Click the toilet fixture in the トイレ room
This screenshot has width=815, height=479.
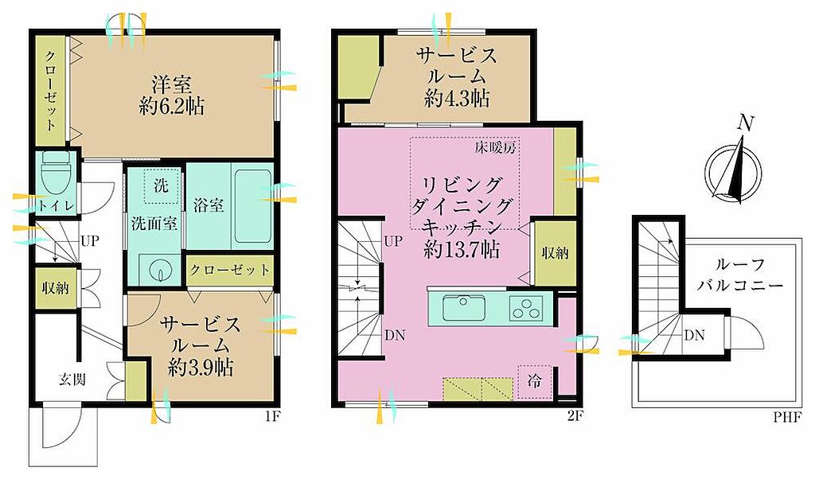54,172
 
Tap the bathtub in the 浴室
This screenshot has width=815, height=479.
253,206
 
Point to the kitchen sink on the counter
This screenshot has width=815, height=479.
464,309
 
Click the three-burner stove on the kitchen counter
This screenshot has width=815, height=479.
525,307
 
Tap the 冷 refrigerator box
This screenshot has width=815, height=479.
534,381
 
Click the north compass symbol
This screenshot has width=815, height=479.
734,166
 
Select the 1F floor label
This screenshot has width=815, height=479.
268,416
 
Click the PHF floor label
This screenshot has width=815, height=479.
787,416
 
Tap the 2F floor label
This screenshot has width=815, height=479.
573,416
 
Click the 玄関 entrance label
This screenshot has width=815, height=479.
72,380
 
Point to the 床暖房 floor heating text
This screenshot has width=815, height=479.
495,148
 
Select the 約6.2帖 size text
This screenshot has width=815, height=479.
172,107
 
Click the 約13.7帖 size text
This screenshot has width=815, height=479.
462,250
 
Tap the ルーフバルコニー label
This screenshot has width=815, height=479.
740,275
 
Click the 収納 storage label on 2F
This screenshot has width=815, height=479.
555,254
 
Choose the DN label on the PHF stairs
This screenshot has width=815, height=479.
694,335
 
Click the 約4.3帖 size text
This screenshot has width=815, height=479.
457,98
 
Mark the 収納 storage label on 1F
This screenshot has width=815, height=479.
55,288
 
